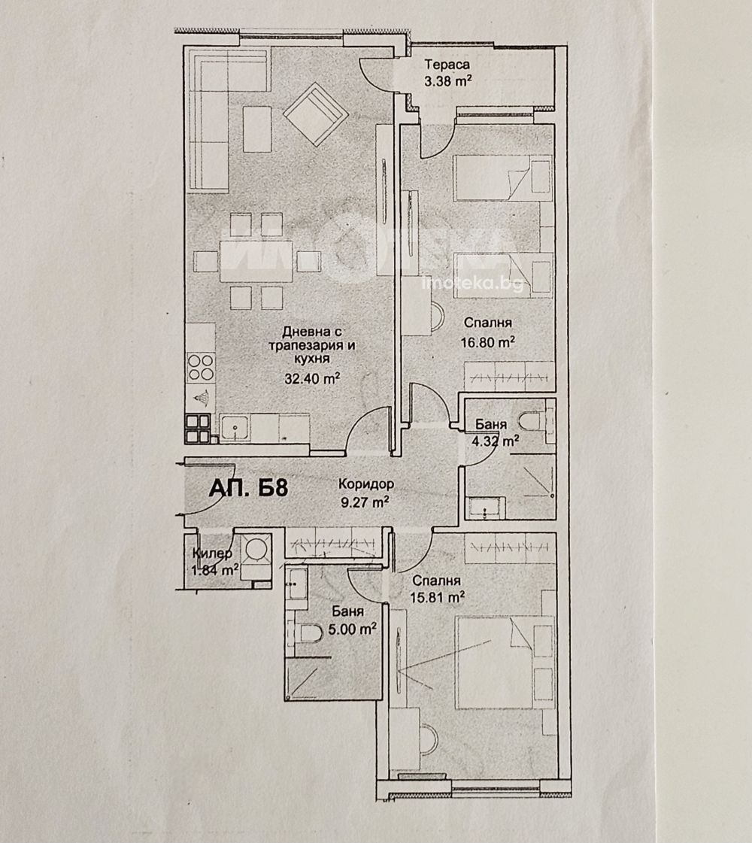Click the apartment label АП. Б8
248,487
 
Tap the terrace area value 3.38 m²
448,82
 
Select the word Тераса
447,65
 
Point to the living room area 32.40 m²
312,378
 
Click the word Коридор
366,484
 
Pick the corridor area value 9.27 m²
365,502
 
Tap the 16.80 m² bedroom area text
488,342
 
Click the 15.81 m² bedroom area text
437,597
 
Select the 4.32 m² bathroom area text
495,442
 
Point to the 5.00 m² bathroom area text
352,629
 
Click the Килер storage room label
212,553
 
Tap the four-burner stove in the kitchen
201,367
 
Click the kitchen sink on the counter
235,429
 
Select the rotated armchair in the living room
316,114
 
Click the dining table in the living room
256,261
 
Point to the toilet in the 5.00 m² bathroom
308,633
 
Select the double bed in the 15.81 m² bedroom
504,663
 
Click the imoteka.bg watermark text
473,284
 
